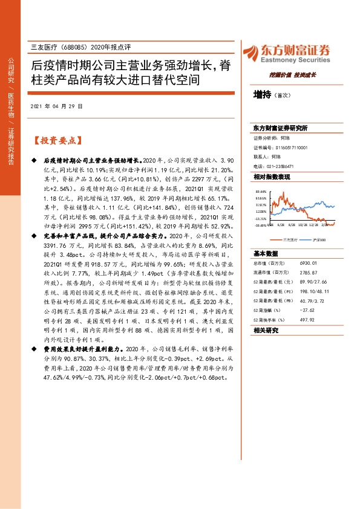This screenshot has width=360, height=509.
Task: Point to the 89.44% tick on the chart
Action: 261,190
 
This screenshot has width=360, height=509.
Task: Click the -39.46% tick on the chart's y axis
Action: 261,224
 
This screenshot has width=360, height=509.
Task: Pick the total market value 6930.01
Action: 310,265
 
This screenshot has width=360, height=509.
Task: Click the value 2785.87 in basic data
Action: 310,273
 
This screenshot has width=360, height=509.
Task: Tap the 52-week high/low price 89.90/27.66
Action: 315,282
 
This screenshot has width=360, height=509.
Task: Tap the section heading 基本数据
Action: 266,254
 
